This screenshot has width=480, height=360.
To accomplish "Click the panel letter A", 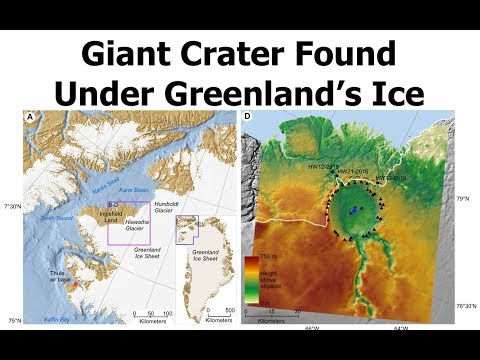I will click(x=31, y=117).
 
